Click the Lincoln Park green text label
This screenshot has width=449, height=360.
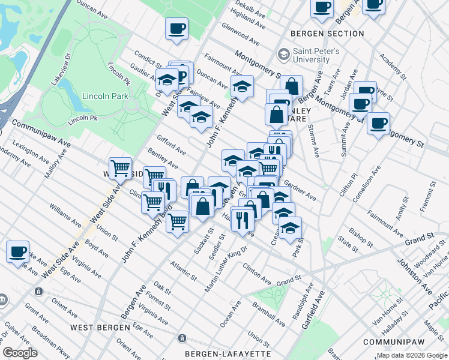(x=86, y=96)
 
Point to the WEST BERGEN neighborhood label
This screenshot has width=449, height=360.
(x=100, y=328)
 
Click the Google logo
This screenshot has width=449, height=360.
(x=20, y=353)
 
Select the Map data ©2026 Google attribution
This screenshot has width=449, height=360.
(x=411, y=355)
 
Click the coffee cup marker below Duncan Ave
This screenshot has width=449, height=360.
(x=176, y=28)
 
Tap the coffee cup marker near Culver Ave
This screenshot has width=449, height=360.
(x=17, y=252)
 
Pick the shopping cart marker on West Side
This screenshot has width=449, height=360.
(x=121, y=169)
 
